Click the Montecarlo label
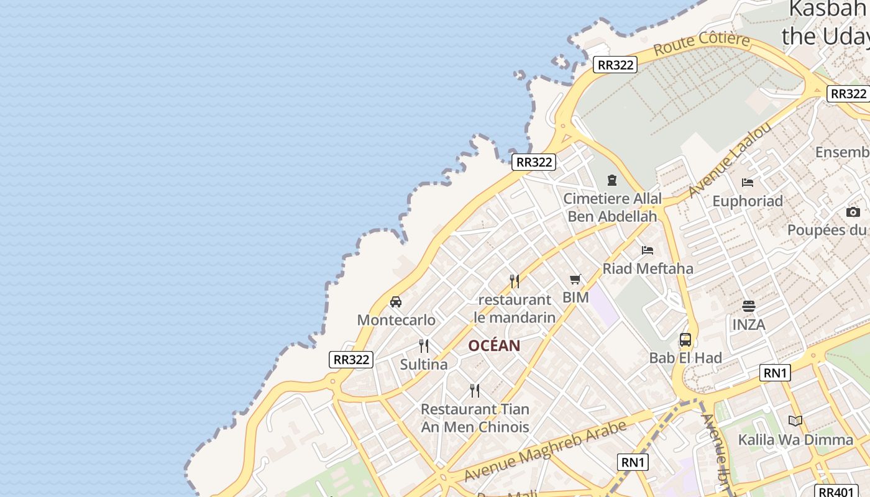396,320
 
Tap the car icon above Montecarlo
396,302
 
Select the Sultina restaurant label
424,364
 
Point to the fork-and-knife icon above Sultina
424,345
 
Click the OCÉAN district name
494,345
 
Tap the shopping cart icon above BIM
575,280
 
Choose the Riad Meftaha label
648,268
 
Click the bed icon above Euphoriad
748,183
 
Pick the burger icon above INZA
749,306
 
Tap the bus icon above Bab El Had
685,340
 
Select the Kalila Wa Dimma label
795,440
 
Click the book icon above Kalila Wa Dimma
795,421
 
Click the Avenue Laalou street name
730,160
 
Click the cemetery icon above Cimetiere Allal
612,180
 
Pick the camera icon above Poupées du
853,212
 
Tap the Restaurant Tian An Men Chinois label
475,418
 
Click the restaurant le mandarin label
515,308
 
